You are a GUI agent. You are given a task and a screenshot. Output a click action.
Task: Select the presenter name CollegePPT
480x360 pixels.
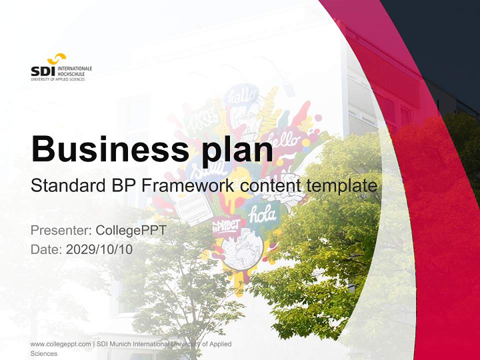pyautogui.click(x=130, y=230)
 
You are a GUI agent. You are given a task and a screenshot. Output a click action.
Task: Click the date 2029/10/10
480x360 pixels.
pyautogui.click(x=99, y=249)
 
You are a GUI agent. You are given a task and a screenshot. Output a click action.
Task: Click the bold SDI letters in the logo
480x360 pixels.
pyautogui.click(x=42, y=71)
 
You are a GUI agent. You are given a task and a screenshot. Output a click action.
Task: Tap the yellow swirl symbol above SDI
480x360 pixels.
pyautogui.click(x=56, y=58)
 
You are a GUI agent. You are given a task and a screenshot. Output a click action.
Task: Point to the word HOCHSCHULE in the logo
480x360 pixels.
pyautogui.click(x=71, y=73)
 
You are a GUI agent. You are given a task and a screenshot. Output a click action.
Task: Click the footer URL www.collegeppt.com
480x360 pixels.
pyautogui.click(x=60, y=344)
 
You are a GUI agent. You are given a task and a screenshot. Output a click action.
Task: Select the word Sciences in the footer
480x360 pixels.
pyautogui.click(x=44, y=353)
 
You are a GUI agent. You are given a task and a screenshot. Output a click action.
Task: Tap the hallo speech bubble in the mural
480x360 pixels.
pyautogui.click(x=242, y=95)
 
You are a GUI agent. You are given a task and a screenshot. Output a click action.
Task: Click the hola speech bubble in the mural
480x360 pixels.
pyautogui.click(x=263, y=214)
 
